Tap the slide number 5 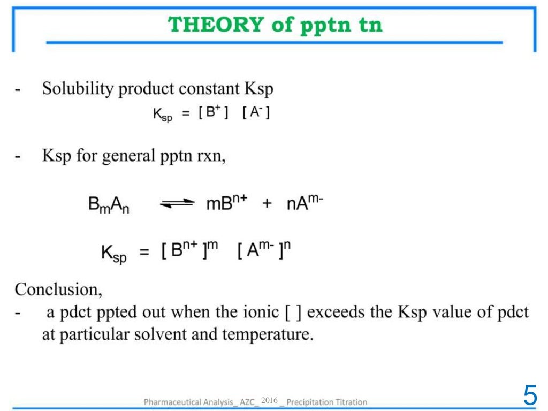530,395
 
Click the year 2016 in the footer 270,400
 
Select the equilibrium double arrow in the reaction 177,204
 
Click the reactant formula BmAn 109,205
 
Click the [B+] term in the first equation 214,114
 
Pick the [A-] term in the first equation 256,114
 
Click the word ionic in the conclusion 263,313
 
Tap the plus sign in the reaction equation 267,204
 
